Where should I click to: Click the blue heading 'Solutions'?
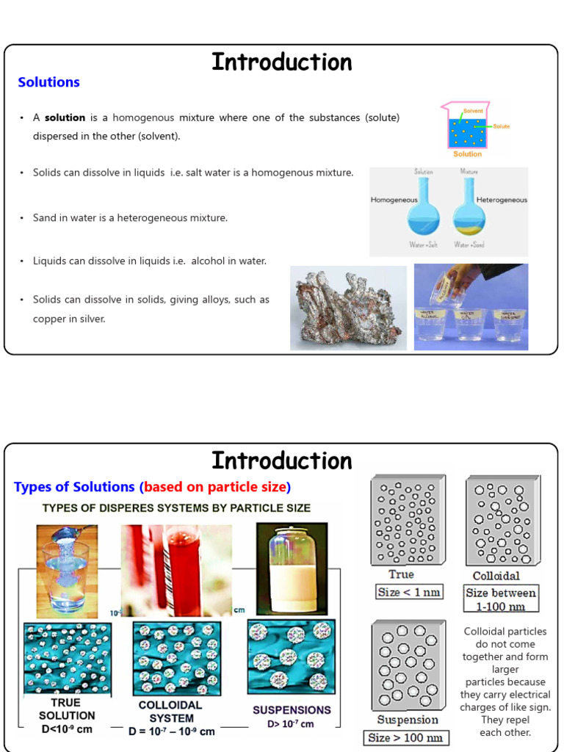pos(48,82)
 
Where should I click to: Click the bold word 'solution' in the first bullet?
pos(65,117)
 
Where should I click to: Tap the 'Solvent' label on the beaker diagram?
pos(473,111)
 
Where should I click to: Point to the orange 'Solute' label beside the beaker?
pos(501,126)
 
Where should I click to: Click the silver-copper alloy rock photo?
pos(348,308)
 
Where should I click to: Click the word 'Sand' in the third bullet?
pos(45,218)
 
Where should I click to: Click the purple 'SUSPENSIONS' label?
pos(292,710)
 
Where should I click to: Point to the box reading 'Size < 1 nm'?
pos(409,592)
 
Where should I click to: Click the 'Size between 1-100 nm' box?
pos(502,599)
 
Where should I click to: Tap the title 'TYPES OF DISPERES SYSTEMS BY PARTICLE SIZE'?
pos(176,507)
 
